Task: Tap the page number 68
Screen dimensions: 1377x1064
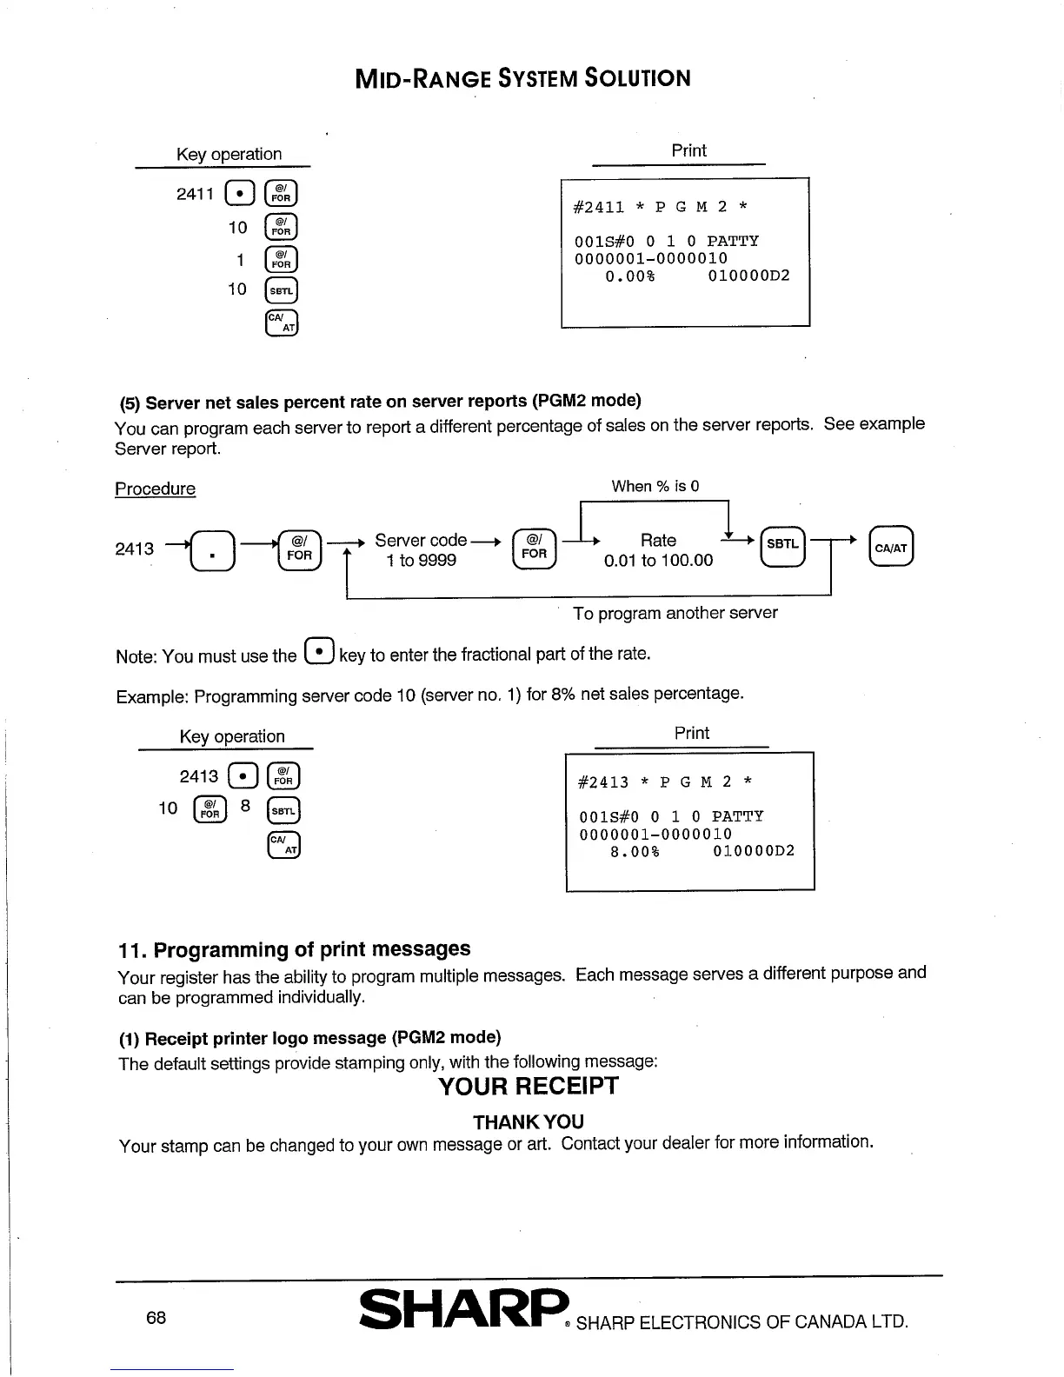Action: pyautogui.click(x=156, y=1318)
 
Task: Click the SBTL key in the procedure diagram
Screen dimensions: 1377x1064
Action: pyautogui.click(x=782, y=545)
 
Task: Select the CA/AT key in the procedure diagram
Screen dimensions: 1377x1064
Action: pyautogui.click(x=891, y=548)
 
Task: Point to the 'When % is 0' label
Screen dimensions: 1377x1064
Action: pyautogui.click(x=655, y=486)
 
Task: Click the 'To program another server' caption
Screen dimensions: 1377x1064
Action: pyautogui.click(x=675, y=613)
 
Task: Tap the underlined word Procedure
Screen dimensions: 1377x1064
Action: pyautogui.click(x=156, y=489)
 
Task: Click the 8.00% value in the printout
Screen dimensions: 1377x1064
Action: pyautogui.click(x=635, y=852)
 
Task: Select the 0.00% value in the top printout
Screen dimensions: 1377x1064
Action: pyautogui.click(x=630, y=276)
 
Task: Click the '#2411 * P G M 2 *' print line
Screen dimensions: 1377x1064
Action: pyautogui.click(x=661, y=207)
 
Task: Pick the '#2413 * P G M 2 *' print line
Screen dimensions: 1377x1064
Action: pyautogui.click(x=666, y=782)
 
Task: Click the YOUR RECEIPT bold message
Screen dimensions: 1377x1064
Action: pyautogui.click(x=529, y=1087)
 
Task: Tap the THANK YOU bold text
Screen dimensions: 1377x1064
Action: pyautogui.click(x=529, y=1122)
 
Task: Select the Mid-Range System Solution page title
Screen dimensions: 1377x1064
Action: pyautogui.click(x=523, y=78)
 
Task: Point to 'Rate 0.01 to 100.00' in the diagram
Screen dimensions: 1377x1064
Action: pyautogui.click(x=658, y=550)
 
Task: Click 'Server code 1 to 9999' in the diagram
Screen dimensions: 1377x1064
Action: pyautogui.click(x=422, y=550)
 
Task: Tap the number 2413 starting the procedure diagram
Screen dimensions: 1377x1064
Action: pyautogui.click(x=135, y=549)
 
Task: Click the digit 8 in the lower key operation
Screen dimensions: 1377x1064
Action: pyautogui.click(x=246, y=807)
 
